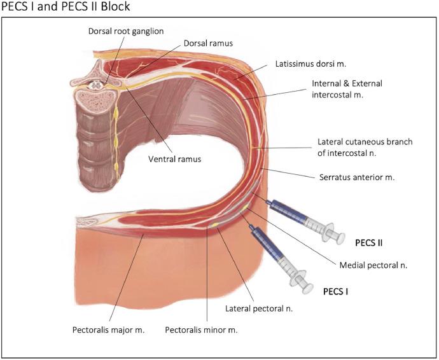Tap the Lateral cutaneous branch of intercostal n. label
(365, 148)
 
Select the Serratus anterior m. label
(356, 177)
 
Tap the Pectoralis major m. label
(110, 330)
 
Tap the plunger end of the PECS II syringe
(333, 234)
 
